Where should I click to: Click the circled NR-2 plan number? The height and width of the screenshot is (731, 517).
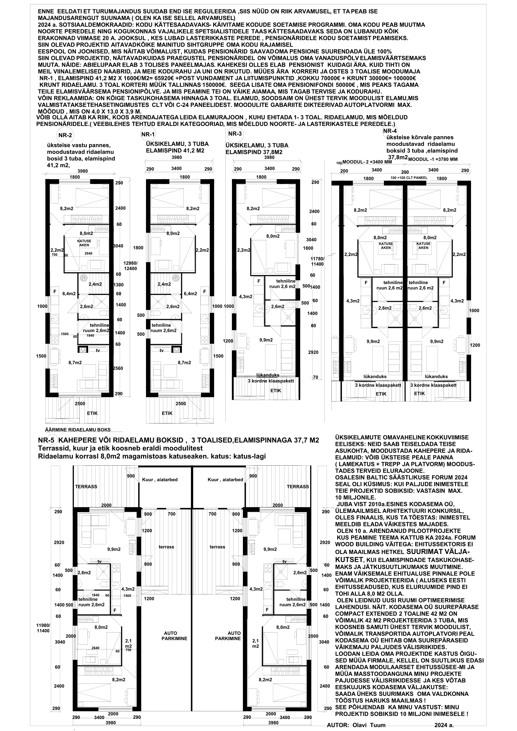click(65, 135)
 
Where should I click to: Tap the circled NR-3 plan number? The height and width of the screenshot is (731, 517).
click(235, 134)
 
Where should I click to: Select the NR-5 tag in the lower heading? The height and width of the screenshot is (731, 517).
click(47, 441)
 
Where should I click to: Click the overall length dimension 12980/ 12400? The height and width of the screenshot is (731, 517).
click(131, 266)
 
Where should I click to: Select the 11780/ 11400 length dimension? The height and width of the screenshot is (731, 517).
click(317, 261)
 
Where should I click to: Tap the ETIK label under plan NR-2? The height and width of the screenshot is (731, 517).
click(92, 413)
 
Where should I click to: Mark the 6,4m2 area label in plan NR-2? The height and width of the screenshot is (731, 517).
click(69, 293)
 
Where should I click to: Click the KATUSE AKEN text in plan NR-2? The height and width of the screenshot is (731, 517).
click(84, 243)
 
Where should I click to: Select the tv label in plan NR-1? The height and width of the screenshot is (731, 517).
click(161, 350)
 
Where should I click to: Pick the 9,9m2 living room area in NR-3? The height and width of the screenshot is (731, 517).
click(266, 340)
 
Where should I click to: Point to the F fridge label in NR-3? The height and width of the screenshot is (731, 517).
click(259, 281)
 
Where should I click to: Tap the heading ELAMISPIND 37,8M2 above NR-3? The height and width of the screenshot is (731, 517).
click(254, 152)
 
